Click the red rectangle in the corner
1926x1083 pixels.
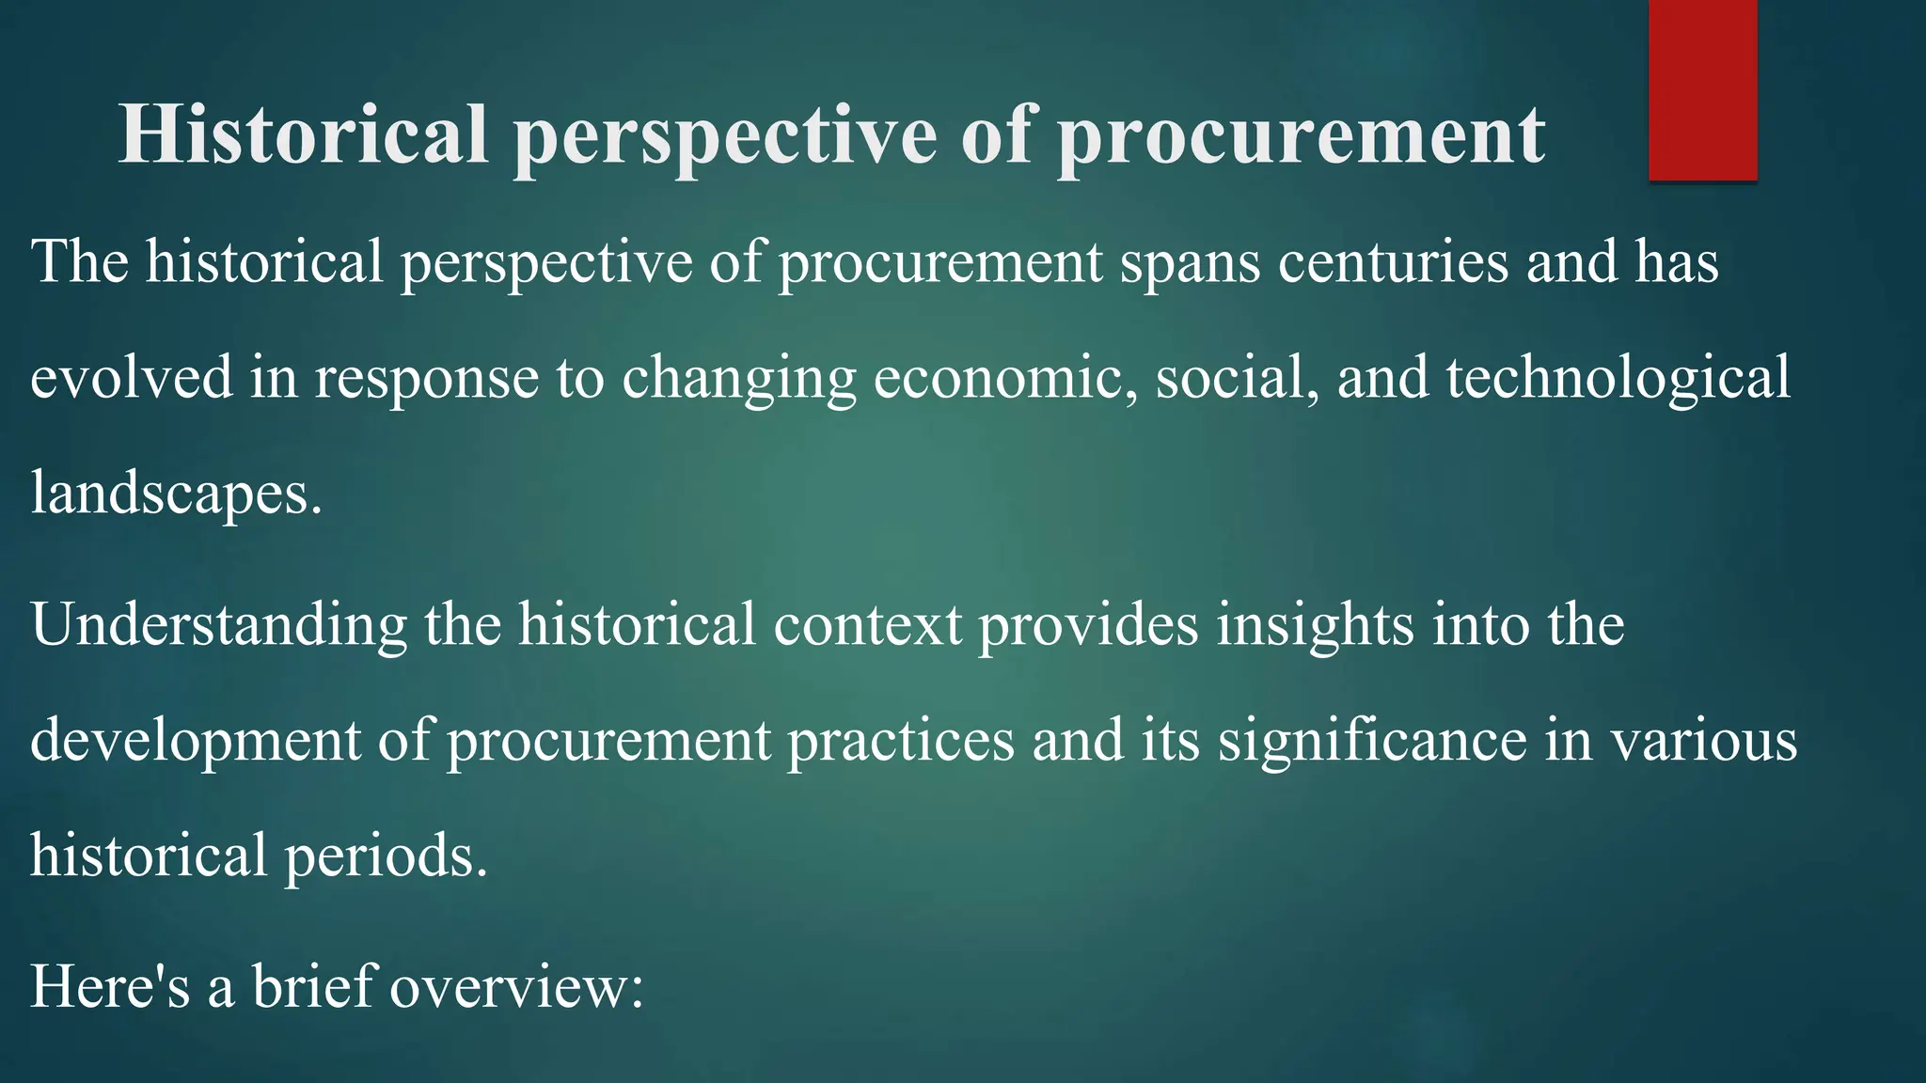1702,89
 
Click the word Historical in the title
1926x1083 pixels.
303,133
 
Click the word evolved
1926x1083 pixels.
132,377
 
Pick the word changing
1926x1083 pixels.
739,379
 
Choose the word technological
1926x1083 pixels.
1618,379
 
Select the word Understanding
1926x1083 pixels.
219,625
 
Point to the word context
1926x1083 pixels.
867,625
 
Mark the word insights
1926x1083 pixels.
1315,625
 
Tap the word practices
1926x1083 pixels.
901,741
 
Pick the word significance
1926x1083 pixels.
1373,741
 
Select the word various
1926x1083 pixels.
1704,741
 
